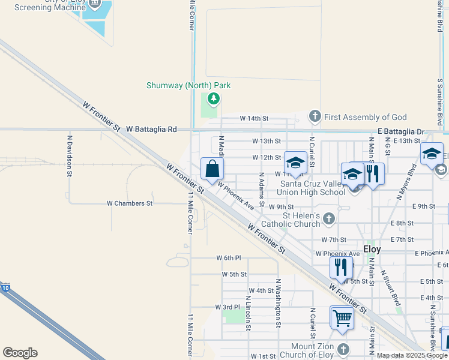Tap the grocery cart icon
click(x=342, y=317)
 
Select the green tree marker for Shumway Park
click(x=212, y=98)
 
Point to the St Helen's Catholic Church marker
click(x=328, y=218)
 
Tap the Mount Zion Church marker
click(x=342, y=349)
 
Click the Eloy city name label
click(x=372, y=248)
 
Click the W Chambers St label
click(x=129, y=203)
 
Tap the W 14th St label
click(x=254, y=119)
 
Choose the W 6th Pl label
click(x=228, y=258)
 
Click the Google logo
click(x=20, y=353)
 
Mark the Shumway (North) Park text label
click(x=188, y=85)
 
